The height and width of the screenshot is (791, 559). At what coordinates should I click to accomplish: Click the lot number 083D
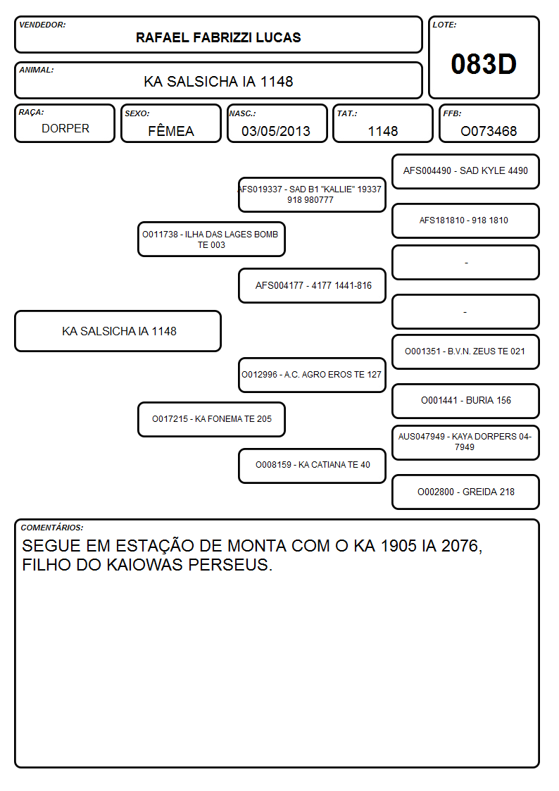click(484, 64)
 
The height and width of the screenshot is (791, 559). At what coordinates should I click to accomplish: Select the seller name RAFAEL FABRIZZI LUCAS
click(218, 37)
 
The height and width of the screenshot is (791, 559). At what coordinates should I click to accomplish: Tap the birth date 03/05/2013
click(276, 131)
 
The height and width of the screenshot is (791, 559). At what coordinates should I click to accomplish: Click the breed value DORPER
click(65, 129)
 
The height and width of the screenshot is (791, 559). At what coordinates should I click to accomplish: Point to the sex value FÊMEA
click(171, 130)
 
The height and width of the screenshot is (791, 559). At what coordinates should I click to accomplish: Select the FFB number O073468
click(489, 131)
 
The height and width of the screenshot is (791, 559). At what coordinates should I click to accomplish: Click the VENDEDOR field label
click(42, 25)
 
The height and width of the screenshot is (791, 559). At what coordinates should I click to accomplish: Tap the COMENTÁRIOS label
click(52, 527)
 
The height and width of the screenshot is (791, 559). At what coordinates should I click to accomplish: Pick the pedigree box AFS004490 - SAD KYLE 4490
click(465, 172)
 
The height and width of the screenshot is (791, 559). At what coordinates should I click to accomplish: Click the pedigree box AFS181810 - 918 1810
click(465, 220)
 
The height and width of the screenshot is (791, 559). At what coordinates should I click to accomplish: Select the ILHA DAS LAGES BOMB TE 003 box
click(211, 239)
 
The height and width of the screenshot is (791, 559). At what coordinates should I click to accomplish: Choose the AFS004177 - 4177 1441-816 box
click(312, 285)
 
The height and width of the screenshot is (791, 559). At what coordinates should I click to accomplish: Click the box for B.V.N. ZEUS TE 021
click(465, 351)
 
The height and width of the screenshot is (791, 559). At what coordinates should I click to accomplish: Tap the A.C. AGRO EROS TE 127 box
click(312, 375)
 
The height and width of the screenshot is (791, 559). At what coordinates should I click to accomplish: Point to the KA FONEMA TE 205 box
click(211, 419)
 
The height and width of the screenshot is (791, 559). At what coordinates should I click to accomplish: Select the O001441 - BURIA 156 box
click(465, 401)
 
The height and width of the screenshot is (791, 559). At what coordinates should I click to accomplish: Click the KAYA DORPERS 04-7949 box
click(465, 442)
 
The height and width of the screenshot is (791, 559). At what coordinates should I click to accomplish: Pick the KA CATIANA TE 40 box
click(312, 466)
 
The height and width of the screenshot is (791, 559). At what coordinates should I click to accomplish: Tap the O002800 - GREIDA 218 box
click(465, 492)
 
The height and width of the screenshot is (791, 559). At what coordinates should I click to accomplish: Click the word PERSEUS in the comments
click(230, 565)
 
